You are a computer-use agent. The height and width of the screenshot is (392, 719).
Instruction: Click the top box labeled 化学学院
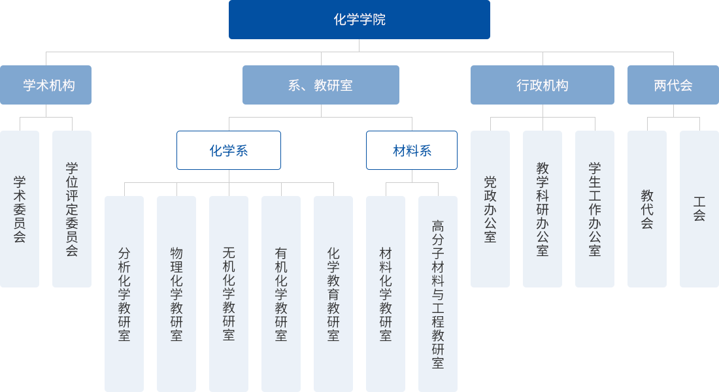(359, 20)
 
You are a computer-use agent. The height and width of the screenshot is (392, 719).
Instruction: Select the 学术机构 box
(46, 85)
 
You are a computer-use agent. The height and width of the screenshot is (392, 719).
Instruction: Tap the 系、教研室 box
(320, 85)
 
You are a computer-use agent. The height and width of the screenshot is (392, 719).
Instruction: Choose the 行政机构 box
(542, 85)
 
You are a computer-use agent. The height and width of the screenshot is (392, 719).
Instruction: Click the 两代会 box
(673, 85)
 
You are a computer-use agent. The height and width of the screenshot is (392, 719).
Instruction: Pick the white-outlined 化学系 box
(228, 150)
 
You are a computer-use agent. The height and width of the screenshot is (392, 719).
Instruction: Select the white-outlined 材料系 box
(412, 150)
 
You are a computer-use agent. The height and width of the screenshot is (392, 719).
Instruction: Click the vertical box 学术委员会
(20, 209)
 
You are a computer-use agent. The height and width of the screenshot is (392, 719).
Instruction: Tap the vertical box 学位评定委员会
(72, 209)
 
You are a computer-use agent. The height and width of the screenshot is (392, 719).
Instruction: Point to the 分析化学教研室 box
(124, 294)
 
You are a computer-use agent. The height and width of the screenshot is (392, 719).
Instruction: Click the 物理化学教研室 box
(176, 294)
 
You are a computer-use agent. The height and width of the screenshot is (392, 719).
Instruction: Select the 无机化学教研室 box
(229, 294)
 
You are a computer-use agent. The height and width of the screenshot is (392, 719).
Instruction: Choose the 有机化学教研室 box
(281, 294)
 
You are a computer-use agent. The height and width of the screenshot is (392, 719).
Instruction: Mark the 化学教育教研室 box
(333, 294)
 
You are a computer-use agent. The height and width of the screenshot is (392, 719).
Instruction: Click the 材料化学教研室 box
(386, 294)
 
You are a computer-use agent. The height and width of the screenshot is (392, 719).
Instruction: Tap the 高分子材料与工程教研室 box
(438, 294)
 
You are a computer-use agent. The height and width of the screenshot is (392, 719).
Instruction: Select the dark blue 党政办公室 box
(490, 209)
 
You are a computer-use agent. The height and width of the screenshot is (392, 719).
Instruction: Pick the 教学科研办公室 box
(543, 209)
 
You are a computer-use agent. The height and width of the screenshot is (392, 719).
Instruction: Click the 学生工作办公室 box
(595, 209)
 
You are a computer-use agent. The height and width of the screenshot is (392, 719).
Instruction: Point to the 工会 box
(699, 209)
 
